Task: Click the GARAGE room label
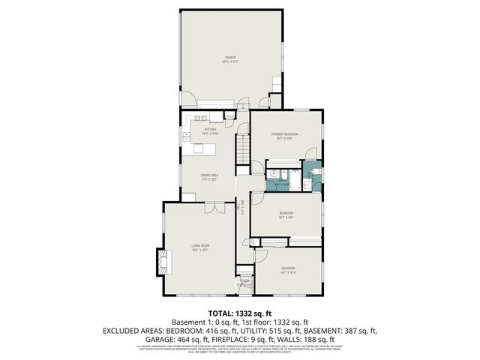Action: click(230, 57)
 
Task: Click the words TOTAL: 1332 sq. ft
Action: click(241, 313)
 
